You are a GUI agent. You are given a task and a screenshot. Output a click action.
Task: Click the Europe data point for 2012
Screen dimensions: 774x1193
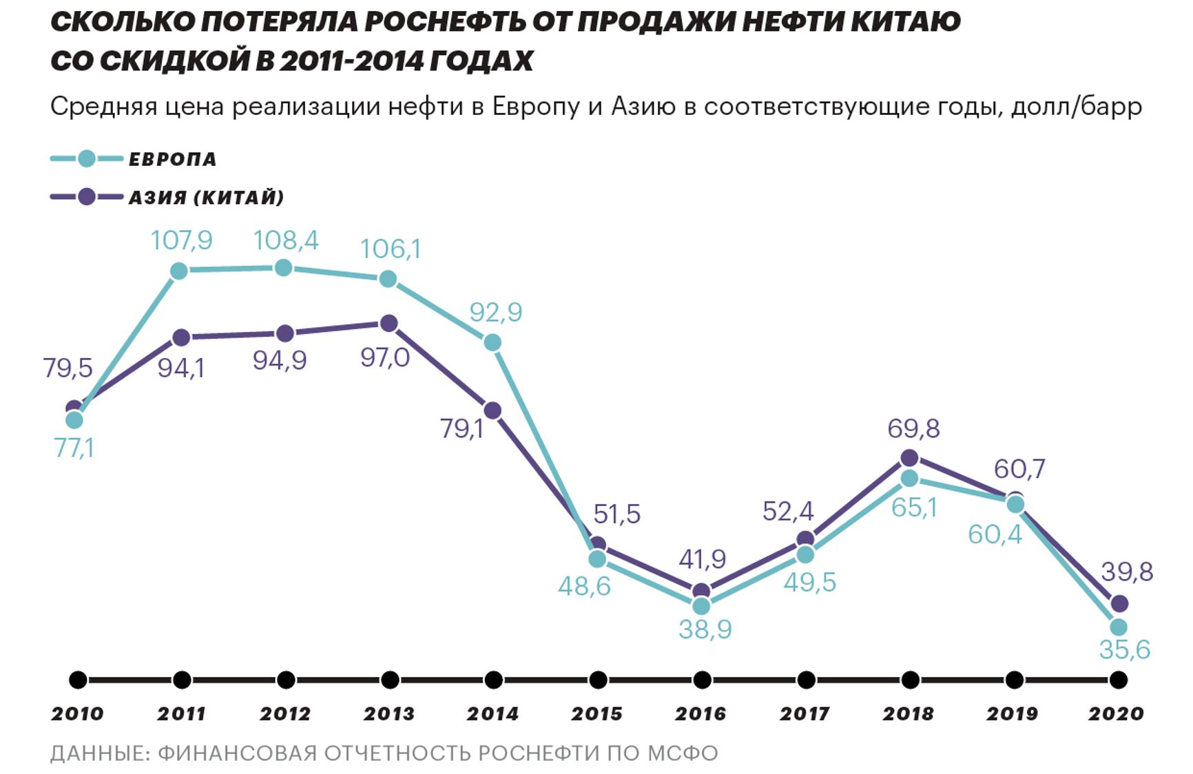283,268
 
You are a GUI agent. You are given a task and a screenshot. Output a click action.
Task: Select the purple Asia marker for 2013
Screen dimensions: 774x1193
388,323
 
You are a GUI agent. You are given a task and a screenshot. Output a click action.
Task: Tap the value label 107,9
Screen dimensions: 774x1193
182,240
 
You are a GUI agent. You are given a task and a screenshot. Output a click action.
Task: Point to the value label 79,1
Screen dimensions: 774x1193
461,428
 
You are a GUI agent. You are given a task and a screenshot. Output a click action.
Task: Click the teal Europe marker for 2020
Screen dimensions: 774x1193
1119,627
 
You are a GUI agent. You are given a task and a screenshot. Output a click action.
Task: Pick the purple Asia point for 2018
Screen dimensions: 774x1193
909,458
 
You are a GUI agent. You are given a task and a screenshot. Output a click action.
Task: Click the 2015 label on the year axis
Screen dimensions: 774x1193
596,714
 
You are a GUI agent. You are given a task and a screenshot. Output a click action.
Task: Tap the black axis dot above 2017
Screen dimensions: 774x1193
805,680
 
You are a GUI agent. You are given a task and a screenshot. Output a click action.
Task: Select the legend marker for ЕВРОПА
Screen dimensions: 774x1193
86,159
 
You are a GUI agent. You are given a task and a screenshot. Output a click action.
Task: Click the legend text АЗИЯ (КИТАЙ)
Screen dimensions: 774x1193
207,198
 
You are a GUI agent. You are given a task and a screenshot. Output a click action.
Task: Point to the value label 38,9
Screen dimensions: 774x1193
705,629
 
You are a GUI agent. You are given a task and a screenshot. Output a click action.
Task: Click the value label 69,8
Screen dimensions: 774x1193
913,428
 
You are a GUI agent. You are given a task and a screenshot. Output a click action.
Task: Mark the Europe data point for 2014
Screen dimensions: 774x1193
492,342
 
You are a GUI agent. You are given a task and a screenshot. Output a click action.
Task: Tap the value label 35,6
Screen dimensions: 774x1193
1124,649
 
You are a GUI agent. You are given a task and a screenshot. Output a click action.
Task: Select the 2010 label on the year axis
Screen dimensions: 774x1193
77,714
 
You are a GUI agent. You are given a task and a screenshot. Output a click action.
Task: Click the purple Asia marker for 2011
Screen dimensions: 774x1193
181,337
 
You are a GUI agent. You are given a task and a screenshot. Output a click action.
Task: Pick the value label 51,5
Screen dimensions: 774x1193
616,514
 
